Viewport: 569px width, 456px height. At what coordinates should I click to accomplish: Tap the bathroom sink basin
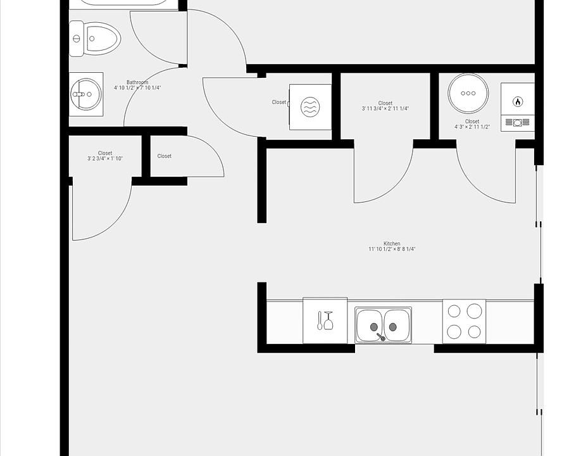click(x=85, y=94)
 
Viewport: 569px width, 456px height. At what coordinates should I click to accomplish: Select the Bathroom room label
click(x=137, y=82)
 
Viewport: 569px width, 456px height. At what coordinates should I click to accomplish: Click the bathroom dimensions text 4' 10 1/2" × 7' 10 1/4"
click(x=137, y=88)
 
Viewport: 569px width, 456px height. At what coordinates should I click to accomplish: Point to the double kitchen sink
click(x=383, y=325)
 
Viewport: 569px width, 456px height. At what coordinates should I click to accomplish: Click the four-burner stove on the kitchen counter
click(x=464, y=321)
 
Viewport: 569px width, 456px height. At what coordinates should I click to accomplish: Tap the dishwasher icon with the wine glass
click(x=325, y=320)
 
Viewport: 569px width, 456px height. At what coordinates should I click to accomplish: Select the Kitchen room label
click(x=392, y=244)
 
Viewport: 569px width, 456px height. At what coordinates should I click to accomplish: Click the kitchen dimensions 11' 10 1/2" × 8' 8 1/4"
click(x=392, y=250)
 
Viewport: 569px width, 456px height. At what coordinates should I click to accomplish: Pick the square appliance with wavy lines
click(x=310, y=107)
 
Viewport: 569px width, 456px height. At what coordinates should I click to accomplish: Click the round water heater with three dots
click(x=468, y=93)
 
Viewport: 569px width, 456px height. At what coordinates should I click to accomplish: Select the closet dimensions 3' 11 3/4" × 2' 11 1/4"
click(x=385, y=109)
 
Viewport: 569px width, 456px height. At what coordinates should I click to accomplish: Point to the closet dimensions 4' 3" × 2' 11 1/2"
click(x=472, y=127)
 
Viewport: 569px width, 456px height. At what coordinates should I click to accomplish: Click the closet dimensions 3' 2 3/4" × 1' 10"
click(x=105, y=158)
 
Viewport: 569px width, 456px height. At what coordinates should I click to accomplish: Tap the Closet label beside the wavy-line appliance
click(x=279, y=102)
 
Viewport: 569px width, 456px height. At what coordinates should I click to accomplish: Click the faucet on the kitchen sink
click(x=380, y=337)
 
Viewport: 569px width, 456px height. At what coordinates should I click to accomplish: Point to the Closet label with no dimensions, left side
click(x=164, y=156)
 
